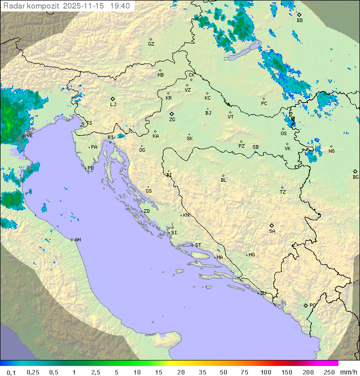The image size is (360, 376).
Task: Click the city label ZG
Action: tap(172, 120)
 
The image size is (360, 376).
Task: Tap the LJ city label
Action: tap(113, 105)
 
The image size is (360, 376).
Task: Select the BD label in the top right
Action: tap(299, 21)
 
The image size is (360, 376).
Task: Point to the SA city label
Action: tap(272, 231)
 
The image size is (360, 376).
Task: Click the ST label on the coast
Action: tap(198, 245)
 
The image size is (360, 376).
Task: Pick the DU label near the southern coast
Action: tap(263, 293)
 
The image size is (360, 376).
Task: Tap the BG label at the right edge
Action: tap(355, 177)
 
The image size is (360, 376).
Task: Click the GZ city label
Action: tap(151, 44)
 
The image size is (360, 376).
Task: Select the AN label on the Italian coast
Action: tap(77, 240)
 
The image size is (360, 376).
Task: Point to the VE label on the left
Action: tap(29, 136)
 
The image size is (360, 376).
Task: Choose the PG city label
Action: tap(312, 305)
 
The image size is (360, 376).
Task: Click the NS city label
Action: tap(331, 152)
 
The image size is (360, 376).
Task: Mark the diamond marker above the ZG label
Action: tap(171, 114)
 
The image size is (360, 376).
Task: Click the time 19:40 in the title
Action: tap(120, 6)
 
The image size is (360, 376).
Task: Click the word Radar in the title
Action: tap(12, 6)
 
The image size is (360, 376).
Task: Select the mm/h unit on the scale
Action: tap(347, 372)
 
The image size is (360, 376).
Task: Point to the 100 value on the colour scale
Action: tap(265, 372)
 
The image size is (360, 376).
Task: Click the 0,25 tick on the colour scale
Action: tap(33, 372)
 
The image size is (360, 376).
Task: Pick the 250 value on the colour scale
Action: tap(329, 372)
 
